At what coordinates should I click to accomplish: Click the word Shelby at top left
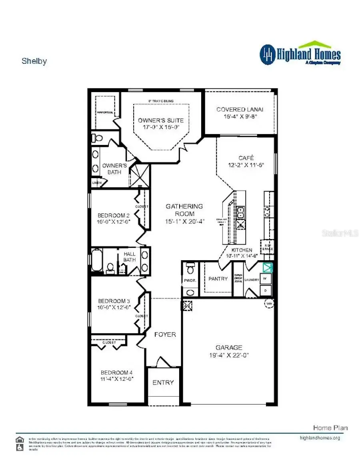(34, 61)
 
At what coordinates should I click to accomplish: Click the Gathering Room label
(184, 210)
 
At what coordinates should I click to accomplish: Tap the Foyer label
(165, 334)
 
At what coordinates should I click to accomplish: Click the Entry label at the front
(163, 382)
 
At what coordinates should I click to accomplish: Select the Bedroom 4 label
(116, 372)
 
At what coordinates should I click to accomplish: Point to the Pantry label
(218, 279)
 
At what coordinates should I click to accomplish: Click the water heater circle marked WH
(268, 303)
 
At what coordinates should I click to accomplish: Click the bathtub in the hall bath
(97, 260)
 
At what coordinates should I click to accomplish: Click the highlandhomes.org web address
(320, 438)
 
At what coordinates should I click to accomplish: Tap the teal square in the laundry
(267, 267)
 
